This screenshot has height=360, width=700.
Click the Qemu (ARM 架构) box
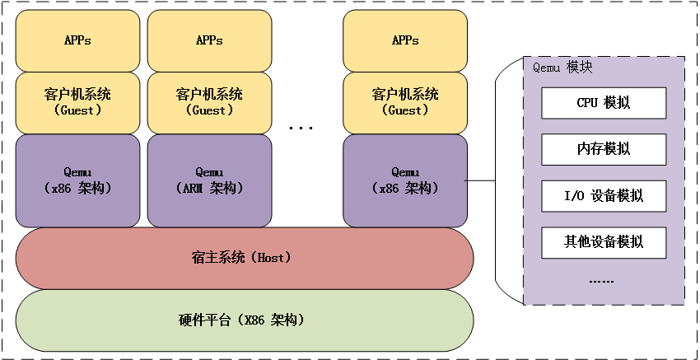(209, 180)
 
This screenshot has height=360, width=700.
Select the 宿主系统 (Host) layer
(244, 258)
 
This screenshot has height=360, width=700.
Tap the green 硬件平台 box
(244, 319)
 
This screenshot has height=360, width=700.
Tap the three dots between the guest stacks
(301, 128)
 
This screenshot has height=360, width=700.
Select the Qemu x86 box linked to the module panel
(404, 180)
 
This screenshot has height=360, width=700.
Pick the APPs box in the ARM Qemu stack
(209, 40)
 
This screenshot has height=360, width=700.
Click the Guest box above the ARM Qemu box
(209, 102)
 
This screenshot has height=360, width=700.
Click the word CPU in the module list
(586, 103)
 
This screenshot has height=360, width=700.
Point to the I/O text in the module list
(575, 196)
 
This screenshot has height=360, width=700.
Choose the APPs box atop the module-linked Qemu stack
(404, 40)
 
